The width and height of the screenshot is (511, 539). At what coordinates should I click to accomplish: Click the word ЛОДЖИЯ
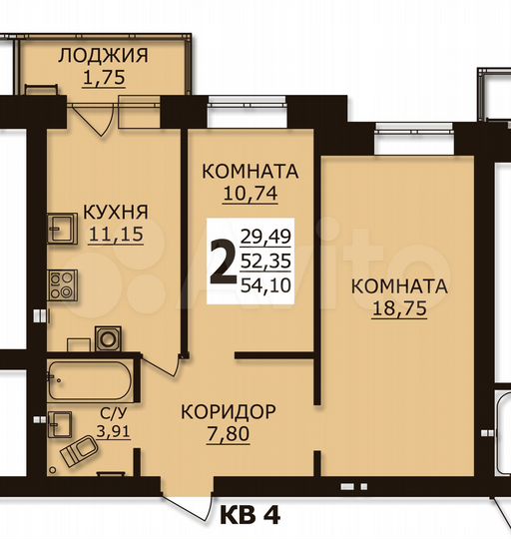pyautogui.click(x=103, y=55)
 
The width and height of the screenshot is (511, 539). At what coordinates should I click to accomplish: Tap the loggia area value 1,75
pyautogui.click(x=103, y=79)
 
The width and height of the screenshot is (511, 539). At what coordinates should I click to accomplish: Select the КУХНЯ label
pyautogui.click(x=116, y=212)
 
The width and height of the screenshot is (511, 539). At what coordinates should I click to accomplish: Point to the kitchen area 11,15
pyautogui.click(x=116, y=236)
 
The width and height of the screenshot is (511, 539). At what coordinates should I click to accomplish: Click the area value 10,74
pyautogui.click(x=251, y=195)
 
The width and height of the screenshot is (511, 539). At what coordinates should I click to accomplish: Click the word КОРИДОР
pyautogui.click(x=228, y=410)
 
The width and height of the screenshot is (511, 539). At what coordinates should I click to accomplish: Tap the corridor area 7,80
pyautogui.click(x=228, y=434)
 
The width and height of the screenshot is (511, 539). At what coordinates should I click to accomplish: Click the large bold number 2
pyautogui.click(x=223, y=263)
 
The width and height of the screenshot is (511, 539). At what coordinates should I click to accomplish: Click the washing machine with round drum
pyautogui.click(x=107, y=337)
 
